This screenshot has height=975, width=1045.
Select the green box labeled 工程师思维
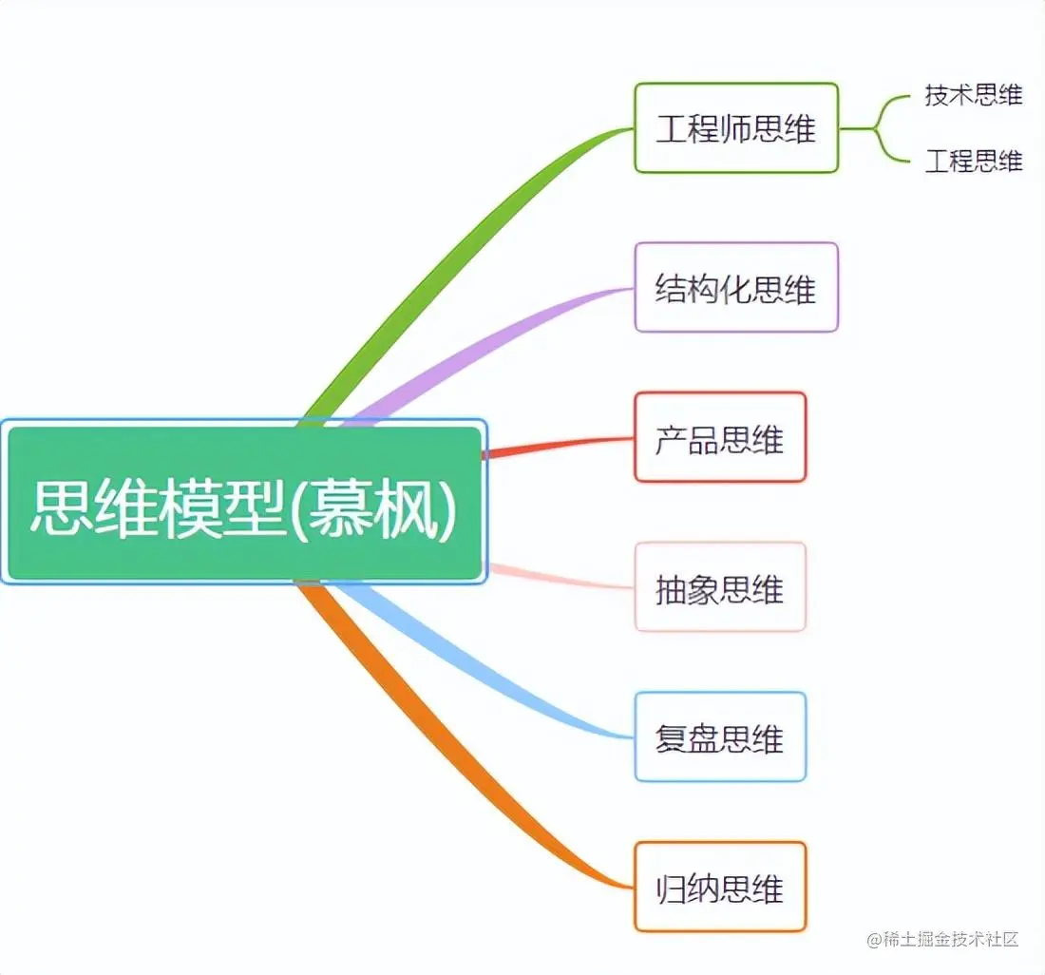point(736,128)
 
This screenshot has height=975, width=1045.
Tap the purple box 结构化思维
point(736,287)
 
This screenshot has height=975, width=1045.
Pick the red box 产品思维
point(720,438)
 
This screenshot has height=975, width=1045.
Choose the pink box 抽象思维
point(720,587)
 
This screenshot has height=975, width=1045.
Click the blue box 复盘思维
point(720,737)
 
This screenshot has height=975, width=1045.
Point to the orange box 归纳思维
point(720,887)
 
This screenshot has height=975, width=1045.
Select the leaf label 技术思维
point(974,95)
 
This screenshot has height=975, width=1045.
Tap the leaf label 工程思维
point(974,161)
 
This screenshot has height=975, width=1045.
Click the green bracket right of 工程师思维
point(879,128)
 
